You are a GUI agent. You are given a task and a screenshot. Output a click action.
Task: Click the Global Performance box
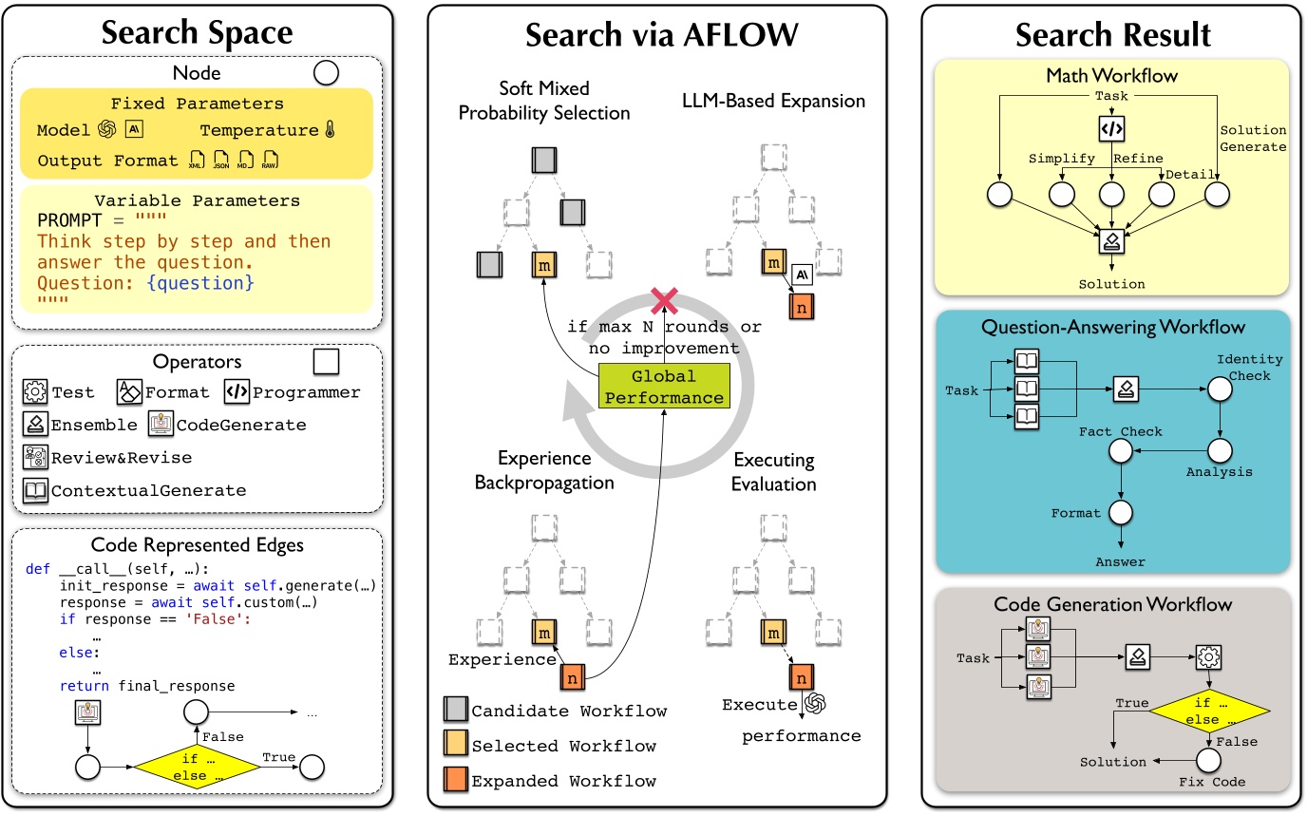click(662, 386)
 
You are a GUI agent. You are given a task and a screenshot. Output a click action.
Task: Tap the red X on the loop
click(663, 302)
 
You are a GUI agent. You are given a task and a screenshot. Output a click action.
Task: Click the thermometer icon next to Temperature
click(330, 130)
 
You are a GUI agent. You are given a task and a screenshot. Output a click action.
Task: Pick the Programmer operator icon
click(236, 391)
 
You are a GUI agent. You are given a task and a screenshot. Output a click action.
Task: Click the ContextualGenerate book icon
click(35, 490)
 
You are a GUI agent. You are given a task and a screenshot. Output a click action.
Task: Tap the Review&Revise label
click(121, 458)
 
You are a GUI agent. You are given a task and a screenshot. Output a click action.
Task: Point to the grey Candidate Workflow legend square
click(454, 710)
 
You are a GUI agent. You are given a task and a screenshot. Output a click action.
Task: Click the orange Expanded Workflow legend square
click(454, 780)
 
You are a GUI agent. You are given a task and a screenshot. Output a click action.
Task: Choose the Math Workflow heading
click(1111, 74)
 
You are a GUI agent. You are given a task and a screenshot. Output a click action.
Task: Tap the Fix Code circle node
click(1208, 760)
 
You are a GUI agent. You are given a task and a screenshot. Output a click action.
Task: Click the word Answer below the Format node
click(1121, 561)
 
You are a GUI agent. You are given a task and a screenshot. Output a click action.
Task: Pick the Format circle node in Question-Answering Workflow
click(1122, 513)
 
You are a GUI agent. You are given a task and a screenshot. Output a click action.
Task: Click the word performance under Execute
click(801, 736)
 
